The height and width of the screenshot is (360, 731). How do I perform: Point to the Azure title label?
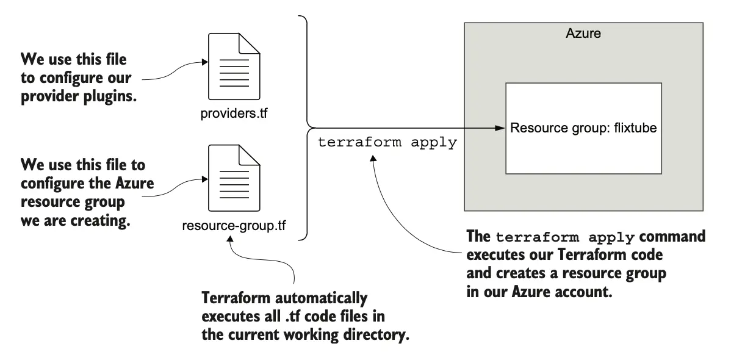(x=583, y=34)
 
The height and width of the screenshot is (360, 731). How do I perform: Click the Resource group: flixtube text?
(x=583, y=129)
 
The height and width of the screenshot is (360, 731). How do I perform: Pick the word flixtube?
(x=634, y=129)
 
